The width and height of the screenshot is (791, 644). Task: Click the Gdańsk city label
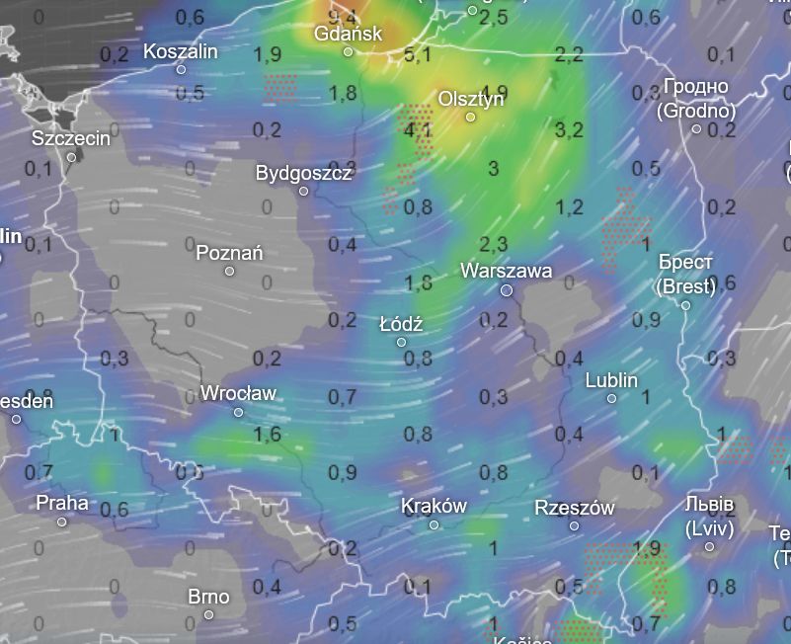pyautogui.click(x=348, y=34)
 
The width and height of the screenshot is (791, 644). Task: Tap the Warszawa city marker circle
pyautogui.click(x=507, y=290)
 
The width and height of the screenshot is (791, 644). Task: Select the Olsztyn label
pyautogui.click(x=471, y=99)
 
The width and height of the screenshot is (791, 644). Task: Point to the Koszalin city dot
pyautogui.click(x=181, y=69)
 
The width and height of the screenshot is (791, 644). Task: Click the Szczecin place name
pyautogui.click(x=71, y=138)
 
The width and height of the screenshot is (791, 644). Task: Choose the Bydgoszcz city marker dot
pyautogui.click(x=303, y=191)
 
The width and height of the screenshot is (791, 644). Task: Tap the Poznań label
pyautogui.click(x=229, y=253)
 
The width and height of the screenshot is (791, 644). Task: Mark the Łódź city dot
pyautogui.click(x=401, y=342)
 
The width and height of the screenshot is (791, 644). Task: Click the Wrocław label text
pyautogui.click(x=238, y=393)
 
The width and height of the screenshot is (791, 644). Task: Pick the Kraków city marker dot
pyautogui.click(x=434, y=524)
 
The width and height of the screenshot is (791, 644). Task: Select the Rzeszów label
pyautogui.click(x=574, y=508)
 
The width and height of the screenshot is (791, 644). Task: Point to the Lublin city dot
pyautogui.click(x=611, y=398)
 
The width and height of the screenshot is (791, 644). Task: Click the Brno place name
pyautogui.click(x=208, y=597)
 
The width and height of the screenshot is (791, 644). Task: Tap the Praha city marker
pyautogui.click(x=61, y=522)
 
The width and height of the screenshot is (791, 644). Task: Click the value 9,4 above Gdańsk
pyautogui.click(x=342, y=16)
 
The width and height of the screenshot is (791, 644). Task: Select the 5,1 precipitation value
pyautogui.click(x=417, y=53)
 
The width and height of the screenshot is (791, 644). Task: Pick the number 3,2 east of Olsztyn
pyautogui.click(x=569, y=129)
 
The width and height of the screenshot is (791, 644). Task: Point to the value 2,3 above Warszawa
pyautogui.click(x=493, y=244)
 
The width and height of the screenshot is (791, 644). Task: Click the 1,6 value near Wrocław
pyautogui.click(x=267, y=434)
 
